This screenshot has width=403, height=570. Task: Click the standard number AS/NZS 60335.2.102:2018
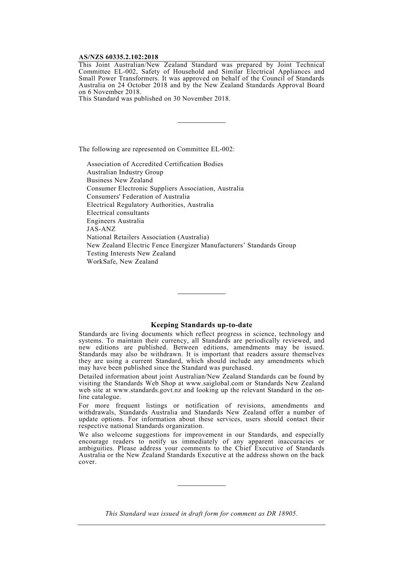tap(118, 57)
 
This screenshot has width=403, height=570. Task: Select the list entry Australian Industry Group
tap(125, 172)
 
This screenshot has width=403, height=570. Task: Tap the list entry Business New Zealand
tap(120, 180)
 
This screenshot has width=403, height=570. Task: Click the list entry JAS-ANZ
tap(101, 229)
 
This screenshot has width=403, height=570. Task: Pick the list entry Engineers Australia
tap(115, 221)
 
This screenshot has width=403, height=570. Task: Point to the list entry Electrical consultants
tap(118, 213)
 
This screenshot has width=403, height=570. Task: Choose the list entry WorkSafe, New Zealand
tap(122, 261)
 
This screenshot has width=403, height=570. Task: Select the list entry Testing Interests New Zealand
tap(131, 253)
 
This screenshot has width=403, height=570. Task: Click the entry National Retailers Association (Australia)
tap(148, 237)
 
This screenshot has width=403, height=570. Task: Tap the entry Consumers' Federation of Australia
tap(138, 197)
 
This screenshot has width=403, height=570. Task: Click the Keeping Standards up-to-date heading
tap(201, 325)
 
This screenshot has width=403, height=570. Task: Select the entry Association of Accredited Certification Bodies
tap(155, 164)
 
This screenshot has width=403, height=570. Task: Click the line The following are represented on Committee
tap(157, 149)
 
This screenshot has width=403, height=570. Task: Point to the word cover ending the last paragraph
tap(87, 462)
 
